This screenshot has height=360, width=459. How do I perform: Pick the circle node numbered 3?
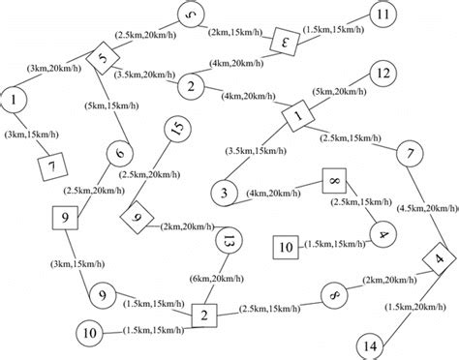click(224, 194)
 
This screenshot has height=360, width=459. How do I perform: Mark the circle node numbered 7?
click(411, 155)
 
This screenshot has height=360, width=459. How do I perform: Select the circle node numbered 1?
click(15, 100)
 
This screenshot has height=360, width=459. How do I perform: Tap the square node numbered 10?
click(286, 248)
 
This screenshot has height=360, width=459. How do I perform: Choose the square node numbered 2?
click(204, 315)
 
